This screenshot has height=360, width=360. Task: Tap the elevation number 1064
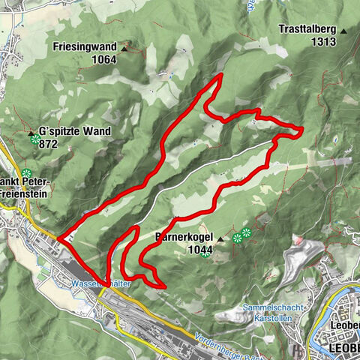coord(105,58)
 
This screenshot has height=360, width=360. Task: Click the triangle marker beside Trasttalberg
coord(343,31)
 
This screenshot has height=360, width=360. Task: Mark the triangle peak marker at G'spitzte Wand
coord(32,133)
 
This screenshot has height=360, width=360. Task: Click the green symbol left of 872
coord(35,139)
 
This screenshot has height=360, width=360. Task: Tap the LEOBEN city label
coord(344,349)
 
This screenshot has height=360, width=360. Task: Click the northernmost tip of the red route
coord(221,76)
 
